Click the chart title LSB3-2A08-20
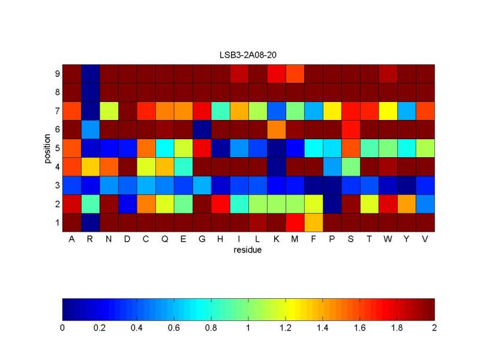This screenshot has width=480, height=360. tap(248, 55)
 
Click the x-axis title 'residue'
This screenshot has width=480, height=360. tap(248, 250)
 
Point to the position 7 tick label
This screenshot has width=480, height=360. tap(56, 112)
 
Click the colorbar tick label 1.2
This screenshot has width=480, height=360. tap(286, 328)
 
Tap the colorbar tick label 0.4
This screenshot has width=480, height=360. tap(137, 328)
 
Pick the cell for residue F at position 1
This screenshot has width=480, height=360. tap(314, 223)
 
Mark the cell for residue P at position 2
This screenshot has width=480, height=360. tap(332, 204)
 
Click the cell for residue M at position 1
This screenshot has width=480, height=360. tap(295, 223)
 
